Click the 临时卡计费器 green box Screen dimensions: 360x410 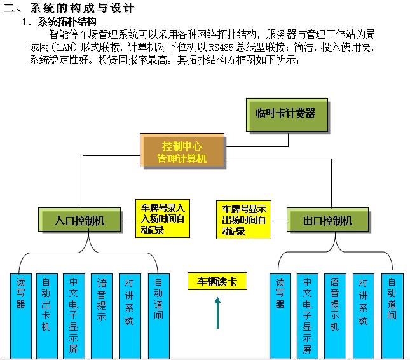pos(287,115)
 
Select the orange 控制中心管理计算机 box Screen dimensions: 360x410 pos(182,152)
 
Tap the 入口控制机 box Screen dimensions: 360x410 pos(79,221)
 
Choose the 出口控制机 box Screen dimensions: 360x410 pos(327,221)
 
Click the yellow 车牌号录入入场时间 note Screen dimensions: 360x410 pos(163,218)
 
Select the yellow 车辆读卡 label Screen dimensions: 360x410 pos(217,281)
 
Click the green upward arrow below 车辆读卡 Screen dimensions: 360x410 pos(217,314)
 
